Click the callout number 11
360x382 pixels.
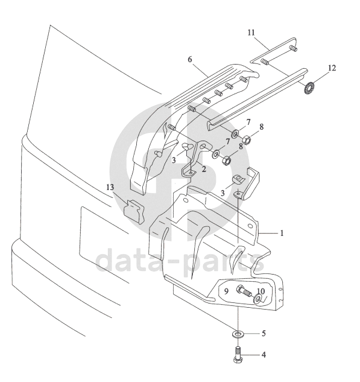click(x=251, y=33)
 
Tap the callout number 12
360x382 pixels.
click(x=332, y=68)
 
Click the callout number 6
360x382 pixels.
click(x=190, y=59)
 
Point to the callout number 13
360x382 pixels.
click(x=110, y=187)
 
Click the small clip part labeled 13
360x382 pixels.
click(x=134, y=212)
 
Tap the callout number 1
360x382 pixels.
click(x=282, y=233)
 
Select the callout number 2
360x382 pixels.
click(x=204, y=168)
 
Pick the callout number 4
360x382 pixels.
click(x=264, y=355)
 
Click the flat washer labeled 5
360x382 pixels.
click(x=236, y=334)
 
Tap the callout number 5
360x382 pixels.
click(x=264, y=333)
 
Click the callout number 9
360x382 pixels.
click(x=226, y=291)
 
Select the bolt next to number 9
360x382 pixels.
click(x=244, y=291)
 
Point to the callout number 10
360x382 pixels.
click(x=261, y=291)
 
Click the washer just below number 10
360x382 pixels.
click(x=257, y=299)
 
